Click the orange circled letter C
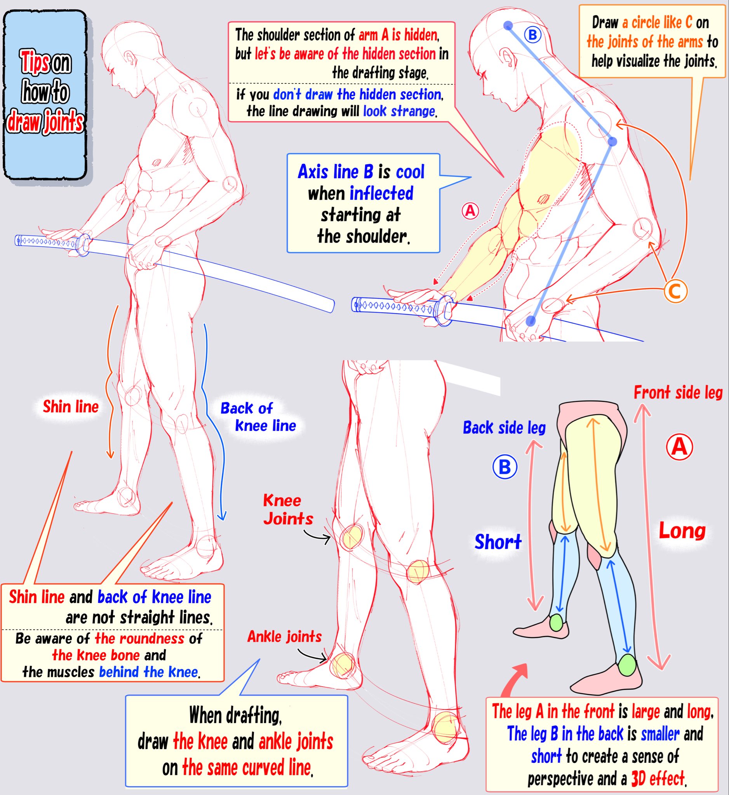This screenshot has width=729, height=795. [675, 292]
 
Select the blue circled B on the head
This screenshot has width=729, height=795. [532, 35]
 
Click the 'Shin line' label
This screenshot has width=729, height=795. [71, 407]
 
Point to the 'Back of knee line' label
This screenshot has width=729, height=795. [258, 417]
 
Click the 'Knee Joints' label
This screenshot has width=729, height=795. [287, 510]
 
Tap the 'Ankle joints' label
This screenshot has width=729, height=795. [284, 637]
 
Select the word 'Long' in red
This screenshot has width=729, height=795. [682, 531]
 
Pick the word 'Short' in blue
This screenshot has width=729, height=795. [498, 542]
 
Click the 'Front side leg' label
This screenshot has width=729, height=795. [678, 393]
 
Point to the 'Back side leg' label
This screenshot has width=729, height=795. [504, 427]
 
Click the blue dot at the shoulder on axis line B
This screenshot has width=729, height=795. [612, 141]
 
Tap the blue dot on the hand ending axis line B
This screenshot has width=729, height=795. [531, 320]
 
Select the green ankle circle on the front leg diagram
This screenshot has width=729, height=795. [627, 665]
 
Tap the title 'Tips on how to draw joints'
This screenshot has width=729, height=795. [45, 94]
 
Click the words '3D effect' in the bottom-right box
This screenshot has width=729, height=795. [658, 778]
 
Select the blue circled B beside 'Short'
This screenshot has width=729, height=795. [505, 467]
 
